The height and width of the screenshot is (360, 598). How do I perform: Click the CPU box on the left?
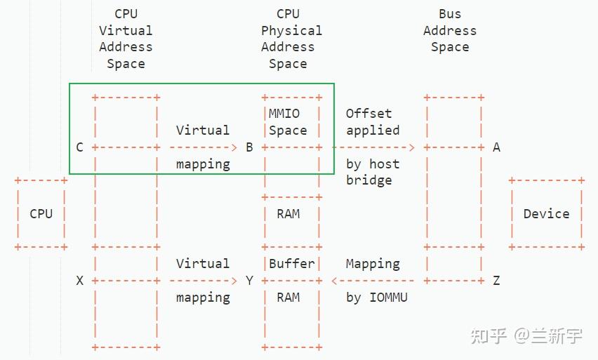pos(41,214)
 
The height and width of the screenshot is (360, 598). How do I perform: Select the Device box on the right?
pos(546,214)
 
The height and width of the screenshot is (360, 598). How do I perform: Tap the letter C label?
pos(79,147)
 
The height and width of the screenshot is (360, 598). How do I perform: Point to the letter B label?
pos(249,147)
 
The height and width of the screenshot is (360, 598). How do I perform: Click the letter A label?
pos(496,147)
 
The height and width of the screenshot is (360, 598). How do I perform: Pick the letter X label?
pos(79,281)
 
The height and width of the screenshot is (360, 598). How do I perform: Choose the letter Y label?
pos(249,281)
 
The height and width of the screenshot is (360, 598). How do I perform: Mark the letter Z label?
pos(496,281)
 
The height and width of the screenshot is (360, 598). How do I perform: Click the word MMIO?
pos(284,114)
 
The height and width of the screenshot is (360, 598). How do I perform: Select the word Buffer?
pos(292,264)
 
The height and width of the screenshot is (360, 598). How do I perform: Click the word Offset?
pos(368,114)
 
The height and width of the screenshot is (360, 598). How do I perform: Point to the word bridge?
pos(368,180)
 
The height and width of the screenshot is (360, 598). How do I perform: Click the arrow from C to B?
pos(203,147)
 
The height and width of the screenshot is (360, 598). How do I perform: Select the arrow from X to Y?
pos(203,281)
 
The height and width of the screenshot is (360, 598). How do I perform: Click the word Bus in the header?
pos(450,14)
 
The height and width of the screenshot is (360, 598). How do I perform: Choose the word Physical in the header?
pos(291,31)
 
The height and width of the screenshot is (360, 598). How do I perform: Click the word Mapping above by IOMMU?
pos(373,264)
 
